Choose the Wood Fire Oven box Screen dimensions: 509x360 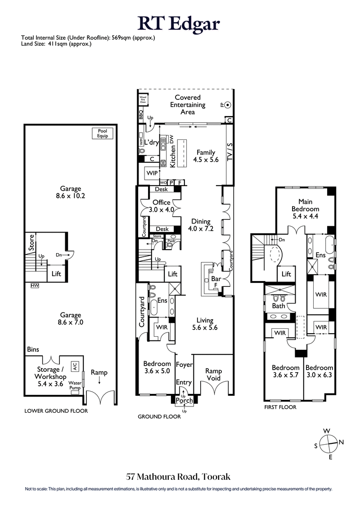pyautogui.click(x=143, y=99)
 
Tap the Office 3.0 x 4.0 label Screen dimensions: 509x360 pyautogui.click(x=161, y=206)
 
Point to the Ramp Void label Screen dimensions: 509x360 pyautogui.click(x=213, y=374)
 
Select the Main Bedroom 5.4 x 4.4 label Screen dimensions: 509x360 pyautogui.click(x=305, y=205)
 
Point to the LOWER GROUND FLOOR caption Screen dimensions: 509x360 pyautogui.click(x=56, y=411)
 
